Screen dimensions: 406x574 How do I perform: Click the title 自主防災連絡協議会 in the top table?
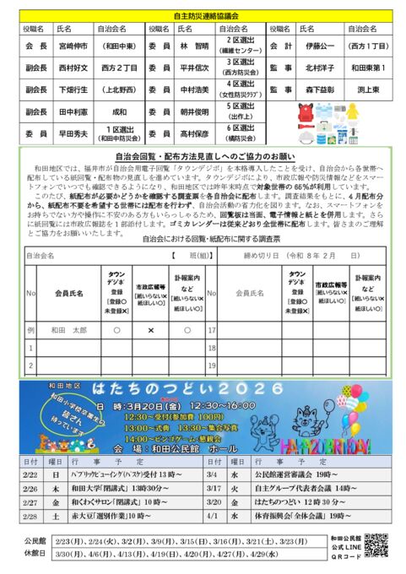(x=203, y=14)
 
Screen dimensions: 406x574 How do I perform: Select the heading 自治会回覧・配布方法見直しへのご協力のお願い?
(x=203, y=155)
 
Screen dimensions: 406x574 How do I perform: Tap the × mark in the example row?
(x=150, y=330)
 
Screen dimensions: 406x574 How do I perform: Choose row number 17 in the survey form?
(x=212, y=330)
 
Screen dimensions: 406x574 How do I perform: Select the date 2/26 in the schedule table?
(x=30, y=488)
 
